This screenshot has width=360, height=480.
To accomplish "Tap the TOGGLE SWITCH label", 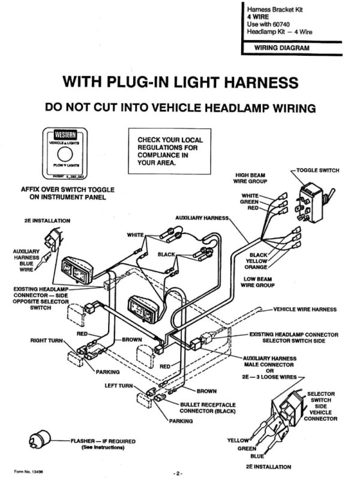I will (x=317, y=170).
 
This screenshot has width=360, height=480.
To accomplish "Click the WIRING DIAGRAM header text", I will (x=282, y=47).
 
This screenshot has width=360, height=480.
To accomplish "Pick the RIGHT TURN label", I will (x=46, y=340).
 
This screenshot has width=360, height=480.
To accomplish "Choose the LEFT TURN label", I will (x=119, y=385).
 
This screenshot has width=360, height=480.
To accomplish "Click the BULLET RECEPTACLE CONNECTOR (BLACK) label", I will (x=208, y=408).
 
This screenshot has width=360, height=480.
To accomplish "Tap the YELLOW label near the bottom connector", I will (x=238, y=440).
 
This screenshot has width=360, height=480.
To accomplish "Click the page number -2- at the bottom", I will (x=178, y=473).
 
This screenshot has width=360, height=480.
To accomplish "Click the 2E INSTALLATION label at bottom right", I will (x=268, y=466).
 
